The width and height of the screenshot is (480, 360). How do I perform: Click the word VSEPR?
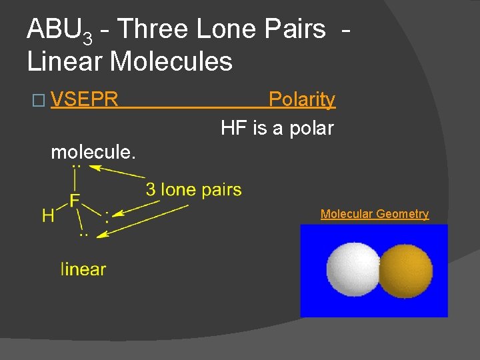(84, 100)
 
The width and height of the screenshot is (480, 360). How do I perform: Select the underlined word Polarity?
(301, 100)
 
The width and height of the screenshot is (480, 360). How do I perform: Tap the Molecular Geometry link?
(374, 214)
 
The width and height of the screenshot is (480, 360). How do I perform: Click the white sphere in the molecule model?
(352, 269)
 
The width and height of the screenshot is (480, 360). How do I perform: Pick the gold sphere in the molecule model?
(405, 269)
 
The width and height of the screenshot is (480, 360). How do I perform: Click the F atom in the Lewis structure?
(75, 200)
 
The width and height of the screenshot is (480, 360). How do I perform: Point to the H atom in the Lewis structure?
(48, 215)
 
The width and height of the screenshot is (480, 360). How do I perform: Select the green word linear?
(83, 269)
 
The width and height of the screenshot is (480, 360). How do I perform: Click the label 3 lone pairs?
(193, 190)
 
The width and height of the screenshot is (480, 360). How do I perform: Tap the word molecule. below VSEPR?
(93, 152)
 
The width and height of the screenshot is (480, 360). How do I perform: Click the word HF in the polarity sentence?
(234, 128)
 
